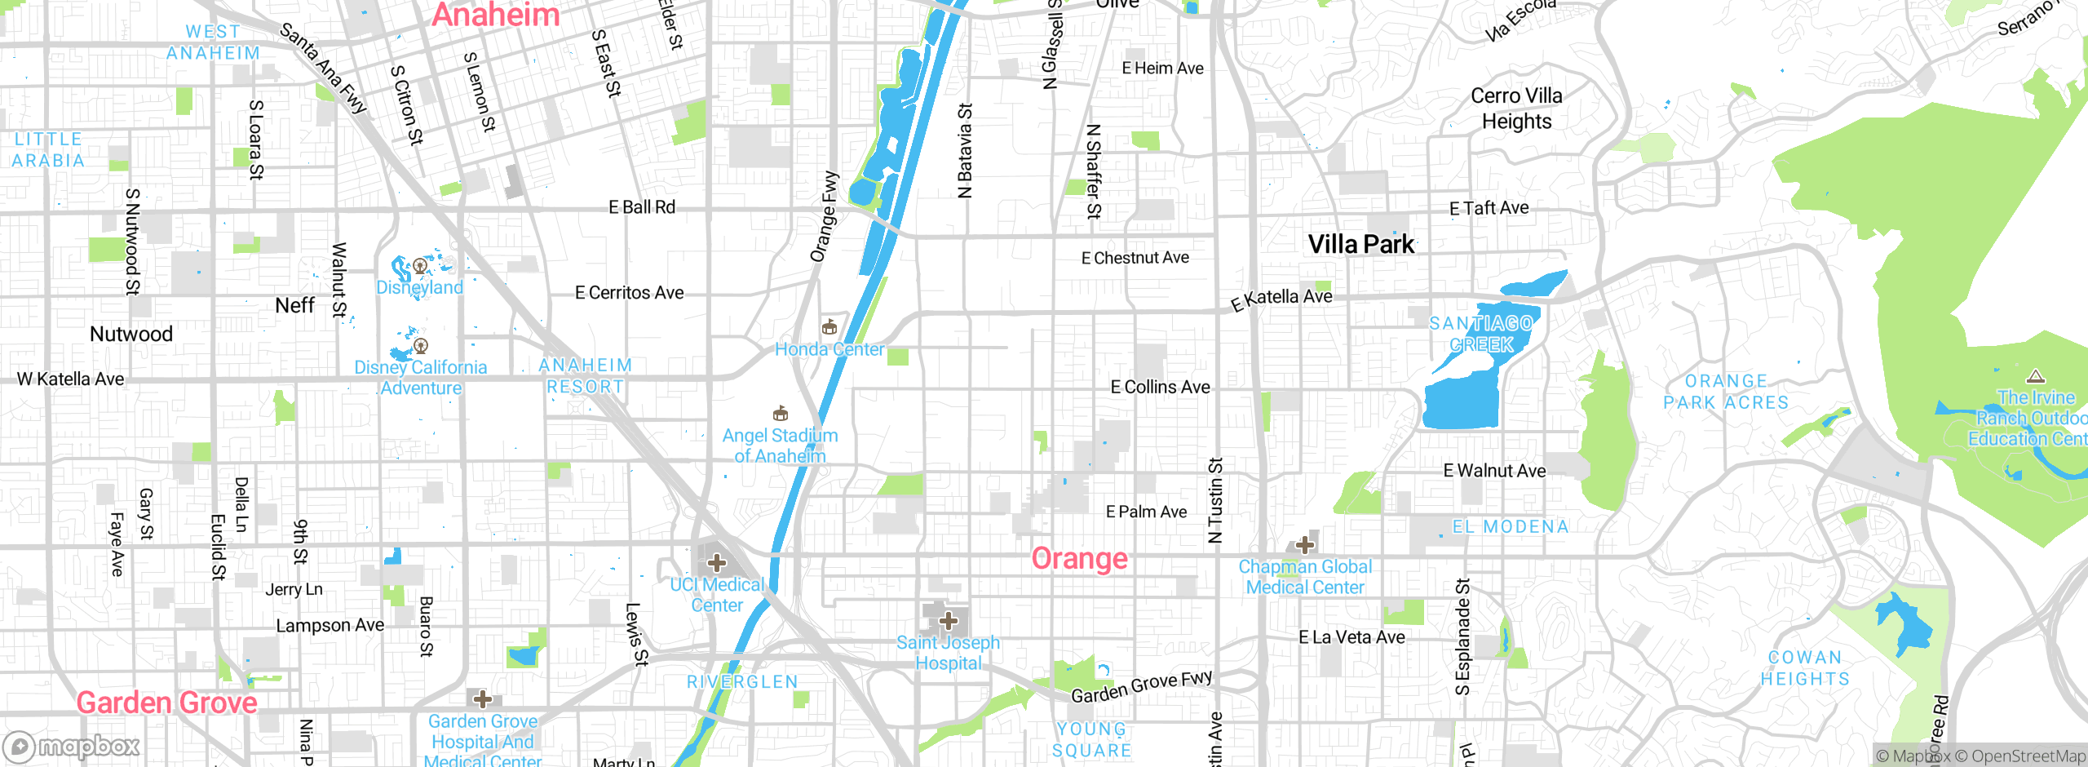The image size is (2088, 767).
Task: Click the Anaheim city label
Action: [x=495, y=15]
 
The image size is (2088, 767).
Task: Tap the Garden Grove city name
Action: [x=167, y=703]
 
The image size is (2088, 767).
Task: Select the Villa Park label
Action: [x=1361, y=244]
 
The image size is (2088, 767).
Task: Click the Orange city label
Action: [x=1079, y=559]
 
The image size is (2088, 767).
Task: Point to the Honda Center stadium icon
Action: [x=829, y=327]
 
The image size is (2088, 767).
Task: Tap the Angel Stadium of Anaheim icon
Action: [x=781, y=413]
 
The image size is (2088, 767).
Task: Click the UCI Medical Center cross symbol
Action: [x=717, y=563]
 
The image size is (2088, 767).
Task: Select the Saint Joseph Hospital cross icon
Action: [x=948, y=621]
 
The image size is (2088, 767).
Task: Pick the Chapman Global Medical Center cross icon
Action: [x=1304, y=544]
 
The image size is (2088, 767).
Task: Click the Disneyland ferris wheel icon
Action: [x=420, y=266]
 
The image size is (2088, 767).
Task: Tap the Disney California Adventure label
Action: [x=421, y=378]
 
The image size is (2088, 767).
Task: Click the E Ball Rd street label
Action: [x=642, y=207]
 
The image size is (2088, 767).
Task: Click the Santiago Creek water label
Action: [x=1481, y=335]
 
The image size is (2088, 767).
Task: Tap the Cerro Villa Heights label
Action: [x=1516, y=109]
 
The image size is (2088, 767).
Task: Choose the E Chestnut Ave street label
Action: [x=1135, y=258]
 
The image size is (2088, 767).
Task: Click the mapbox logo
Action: [x=72, y=747]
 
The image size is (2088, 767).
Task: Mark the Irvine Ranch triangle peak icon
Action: [x=2036, y=377]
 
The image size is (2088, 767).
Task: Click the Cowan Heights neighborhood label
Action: [x=1805, y=668]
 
